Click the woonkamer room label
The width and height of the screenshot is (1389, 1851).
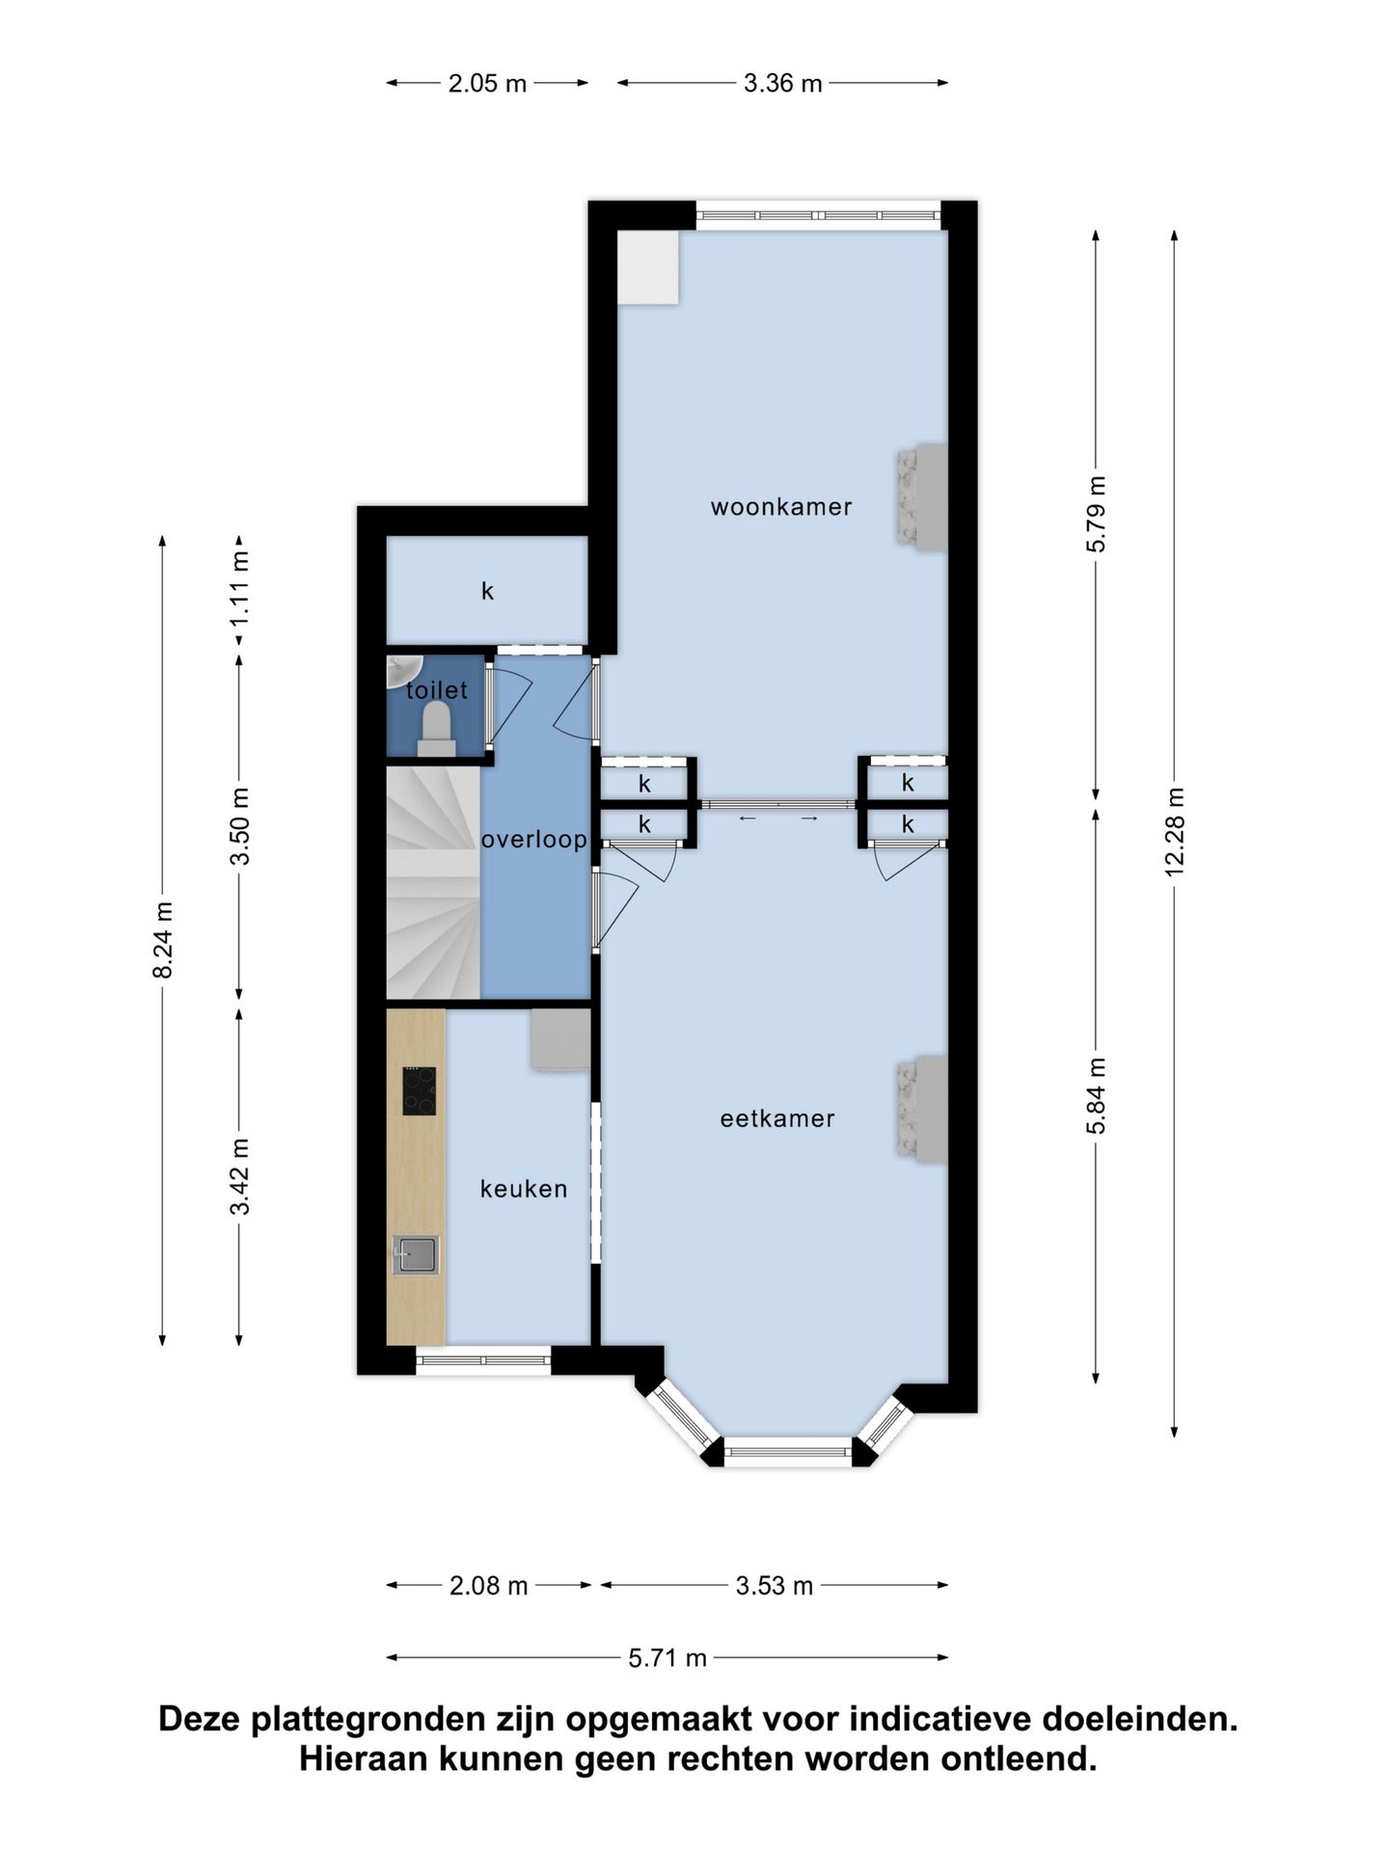[781, 506]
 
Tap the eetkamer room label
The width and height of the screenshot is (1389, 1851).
[777, 1118]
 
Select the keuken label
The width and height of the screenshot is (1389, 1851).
[524, 1189]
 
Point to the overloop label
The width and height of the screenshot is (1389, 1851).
[534, 840]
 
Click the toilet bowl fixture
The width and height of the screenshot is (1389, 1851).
[437, 728]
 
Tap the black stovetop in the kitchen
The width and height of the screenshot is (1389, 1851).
[419, 1091]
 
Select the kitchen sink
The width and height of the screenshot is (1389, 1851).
[416, 1255]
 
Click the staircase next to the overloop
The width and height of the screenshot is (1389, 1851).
[433, 882]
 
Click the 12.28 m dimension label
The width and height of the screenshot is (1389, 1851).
[1174, 832]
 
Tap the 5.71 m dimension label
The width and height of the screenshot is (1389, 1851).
[667, 1658]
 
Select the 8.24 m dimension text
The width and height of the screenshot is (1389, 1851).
[163, 940]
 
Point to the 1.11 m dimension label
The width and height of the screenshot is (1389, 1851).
[239, 588]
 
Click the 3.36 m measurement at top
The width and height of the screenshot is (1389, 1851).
[782, 83]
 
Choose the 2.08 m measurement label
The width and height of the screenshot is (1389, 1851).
[489, 1586]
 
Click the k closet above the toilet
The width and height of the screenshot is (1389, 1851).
[487, 590]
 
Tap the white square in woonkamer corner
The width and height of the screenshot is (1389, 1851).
[648, 267]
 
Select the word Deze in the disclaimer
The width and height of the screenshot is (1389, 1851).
[201, 1719]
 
